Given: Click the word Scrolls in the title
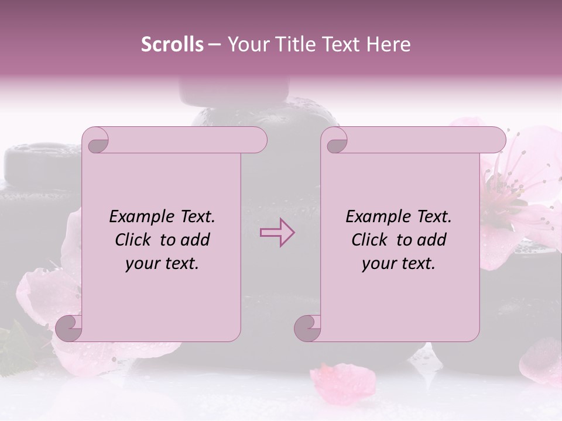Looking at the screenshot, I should [x=172, y=44].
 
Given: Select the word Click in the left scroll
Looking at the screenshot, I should [x=134, y=240].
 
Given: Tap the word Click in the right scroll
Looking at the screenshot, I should [x=371, y=240].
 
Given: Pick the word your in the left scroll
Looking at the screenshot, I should [x=140, y=264].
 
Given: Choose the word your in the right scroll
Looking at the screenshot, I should [x=377, y=264].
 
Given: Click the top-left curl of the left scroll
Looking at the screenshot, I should [x=96, y=141].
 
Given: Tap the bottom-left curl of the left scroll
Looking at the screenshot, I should [x=69, y=328].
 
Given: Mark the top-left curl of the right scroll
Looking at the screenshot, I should [x=335, y=141].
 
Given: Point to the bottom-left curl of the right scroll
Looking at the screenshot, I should [x=308, y=328].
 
